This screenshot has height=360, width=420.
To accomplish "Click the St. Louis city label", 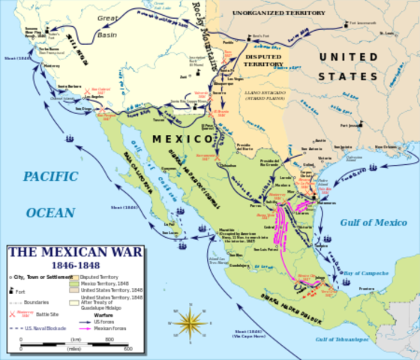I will [x=387, y=34].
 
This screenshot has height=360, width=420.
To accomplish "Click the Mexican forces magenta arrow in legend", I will [x=100, y=328].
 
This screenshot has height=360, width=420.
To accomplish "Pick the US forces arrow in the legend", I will [x=100, y=320].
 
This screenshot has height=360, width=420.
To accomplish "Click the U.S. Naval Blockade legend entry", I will [x=41, y=328].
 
